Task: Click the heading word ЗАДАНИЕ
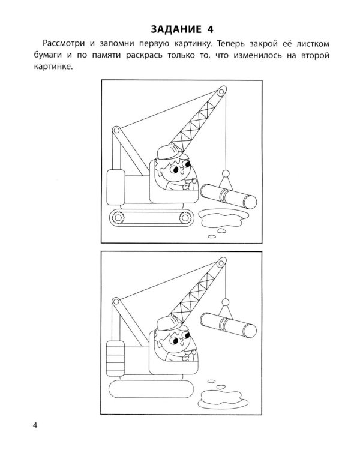click(x=176, y=29)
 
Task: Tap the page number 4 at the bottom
click(x=35, y=425)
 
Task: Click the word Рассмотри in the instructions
click(x=64, y=44)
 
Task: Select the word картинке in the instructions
click(x=52, y=67)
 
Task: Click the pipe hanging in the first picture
click(x=229, y=197)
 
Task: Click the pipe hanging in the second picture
click(x=228, y=325)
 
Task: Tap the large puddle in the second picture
click(x=223, y=399)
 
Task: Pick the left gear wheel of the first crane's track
click(x=118, y=217)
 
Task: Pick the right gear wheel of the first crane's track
click(x=185, y=217)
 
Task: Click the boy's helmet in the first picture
click(x=169, y=152)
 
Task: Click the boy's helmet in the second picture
click(x=169, y=323)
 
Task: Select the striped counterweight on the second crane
click(x=115, y=358)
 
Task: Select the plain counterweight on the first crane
click(x=116, y=187)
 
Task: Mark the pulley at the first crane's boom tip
click(x=221, y=92)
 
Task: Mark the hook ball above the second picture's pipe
click(x=226, y=302)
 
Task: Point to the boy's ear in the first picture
click(x=162, y=171)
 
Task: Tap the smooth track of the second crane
click(x=152, y=389)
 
